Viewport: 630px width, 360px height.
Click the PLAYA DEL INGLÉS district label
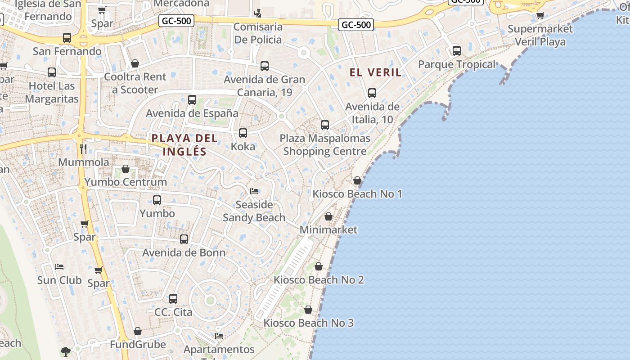[184, 145]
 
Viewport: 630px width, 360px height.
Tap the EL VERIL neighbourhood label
[375, 72]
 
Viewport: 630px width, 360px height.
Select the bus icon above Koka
[243, 133]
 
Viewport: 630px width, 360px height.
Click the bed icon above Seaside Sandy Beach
[254, 191]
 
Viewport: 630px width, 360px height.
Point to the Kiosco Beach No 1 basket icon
[357, 180]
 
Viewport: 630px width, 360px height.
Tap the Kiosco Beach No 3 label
[309, 323]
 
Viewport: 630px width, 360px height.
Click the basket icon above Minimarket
[328, 216]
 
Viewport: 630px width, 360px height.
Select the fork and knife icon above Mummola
[83, 148]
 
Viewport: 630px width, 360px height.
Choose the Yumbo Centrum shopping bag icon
[126, 169]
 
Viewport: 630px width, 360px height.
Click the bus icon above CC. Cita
[173, 298]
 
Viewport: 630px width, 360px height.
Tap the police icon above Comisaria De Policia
[257, 13]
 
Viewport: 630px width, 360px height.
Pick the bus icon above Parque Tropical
[457, 51]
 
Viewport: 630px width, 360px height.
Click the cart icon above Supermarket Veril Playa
[540, 16]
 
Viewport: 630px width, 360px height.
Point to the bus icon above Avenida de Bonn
[184, 239]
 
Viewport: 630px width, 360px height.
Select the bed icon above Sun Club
[59, 267]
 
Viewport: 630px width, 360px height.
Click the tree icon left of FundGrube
[66, 351]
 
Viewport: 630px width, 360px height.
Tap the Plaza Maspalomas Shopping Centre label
[325, 144]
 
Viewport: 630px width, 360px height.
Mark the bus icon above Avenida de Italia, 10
[372, 93]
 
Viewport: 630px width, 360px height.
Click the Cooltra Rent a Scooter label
[135, 83]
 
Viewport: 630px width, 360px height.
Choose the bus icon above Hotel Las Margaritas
[52, 72]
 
